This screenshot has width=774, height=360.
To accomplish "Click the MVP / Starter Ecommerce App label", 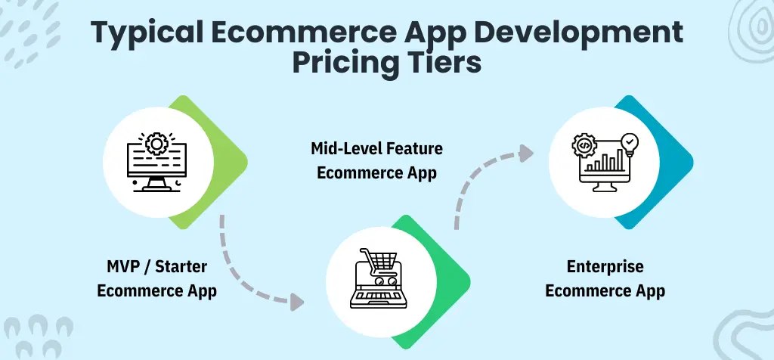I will click(157, 278).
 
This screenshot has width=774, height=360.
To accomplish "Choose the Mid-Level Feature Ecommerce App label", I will click(376, 160).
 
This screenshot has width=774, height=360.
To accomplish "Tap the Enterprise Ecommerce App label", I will click(605, 278).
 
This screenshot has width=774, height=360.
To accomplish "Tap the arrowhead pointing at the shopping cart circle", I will click(296, 303).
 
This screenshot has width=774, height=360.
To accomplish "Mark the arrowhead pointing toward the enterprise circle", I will click(526, 153).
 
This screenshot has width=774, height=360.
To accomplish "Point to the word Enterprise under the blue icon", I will click(605, 267).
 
